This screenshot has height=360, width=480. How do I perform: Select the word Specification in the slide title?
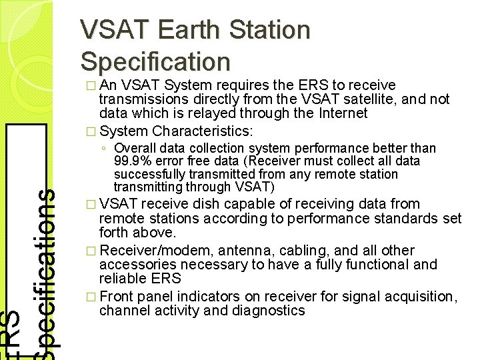[155, 61]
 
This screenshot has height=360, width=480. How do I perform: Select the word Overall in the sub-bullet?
[136, 148]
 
